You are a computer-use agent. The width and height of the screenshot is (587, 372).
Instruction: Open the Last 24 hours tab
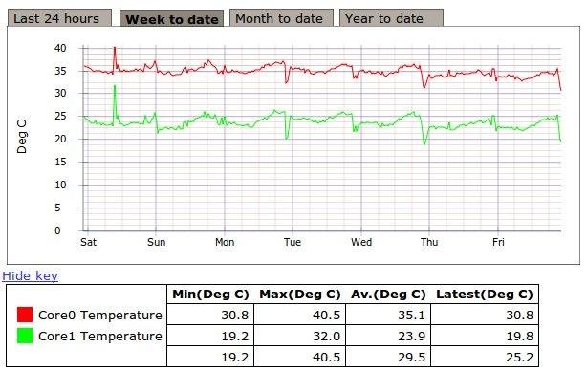(x=56, y=18)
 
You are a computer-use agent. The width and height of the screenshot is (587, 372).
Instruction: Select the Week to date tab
(x=173, y=18)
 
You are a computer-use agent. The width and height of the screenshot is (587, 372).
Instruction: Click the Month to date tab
(x=279, y=18)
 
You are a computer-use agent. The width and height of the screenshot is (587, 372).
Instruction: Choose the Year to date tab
(x=384, y=18)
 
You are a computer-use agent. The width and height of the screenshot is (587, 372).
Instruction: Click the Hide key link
(x=30, y=276)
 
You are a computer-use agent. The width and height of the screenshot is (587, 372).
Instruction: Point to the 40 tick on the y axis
(x=59, y=48)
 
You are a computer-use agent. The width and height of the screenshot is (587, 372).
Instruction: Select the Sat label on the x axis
(x=89, y=243)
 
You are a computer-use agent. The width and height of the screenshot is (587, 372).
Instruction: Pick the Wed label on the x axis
(x=361, y=243)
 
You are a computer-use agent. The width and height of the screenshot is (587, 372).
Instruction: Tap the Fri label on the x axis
(x=497, y=243)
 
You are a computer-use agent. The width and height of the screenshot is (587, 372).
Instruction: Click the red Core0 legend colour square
(x=26, y=315)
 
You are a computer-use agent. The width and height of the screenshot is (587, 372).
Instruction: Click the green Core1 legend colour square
(x=26, y=336)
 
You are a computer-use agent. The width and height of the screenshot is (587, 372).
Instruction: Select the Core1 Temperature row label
(x=100, y=336)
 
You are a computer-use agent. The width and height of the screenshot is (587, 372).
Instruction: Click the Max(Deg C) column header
(x=299, y=294)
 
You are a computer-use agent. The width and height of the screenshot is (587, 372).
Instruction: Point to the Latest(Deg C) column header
(x=484, y=294)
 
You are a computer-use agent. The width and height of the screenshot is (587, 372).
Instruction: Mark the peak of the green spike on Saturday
(x=115, y=85)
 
